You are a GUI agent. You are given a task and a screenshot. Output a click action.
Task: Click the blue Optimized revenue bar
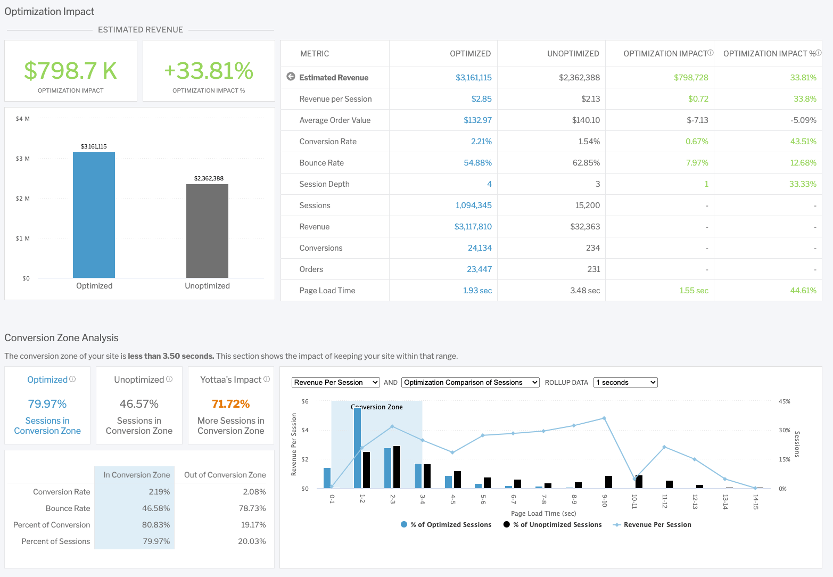[94, 215]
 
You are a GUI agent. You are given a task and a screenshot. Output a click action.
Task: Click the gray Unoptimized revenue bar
[207, 231]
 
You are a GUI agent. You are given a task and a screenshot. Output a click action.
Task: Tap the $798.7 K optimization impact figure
[70, 71]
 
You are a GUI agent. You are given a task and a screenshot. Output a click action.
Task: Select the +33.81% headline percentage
[209, 71]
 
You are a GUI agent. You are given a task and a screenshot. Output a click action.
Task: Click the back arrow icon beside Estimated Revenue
[291, 77]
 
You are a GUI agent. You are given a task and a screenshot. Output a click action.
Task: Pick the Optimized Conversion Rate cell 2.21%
[481, 142]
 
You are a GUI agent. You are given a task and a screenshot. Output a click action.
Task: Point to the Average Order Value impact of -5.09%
[803, 120]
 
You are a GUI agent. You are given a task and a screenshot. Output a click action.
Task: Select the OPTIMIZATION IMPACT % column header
[769, 54]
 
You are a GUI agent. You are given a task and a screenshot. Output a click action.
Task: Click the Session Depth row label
[324, 184]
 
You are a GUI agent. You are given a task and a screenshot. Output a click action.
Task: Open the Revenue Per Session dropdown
[335, 382]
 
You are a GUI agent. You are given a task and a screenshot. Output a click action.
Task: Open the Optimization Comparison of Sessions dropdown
[471, 382]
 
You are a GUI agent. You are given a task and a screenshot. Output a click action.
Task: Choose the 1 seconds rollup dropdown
[625, 382]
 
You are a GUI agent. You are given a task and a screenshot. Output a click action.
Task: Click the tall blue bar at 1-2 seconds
[357, 448]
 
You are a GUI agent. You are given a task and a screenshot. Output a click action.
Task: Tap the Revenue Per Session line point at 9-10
[604, 418]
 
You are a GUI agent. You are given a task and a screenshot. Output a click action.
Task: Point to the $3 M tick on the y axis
[23, 159]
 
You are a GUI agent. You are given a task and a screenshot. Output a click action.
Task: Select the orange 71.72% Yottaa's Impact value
[230, 404]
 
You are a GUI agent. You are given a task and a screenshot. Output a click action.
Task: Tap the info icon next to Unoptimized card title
[169, 380]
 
